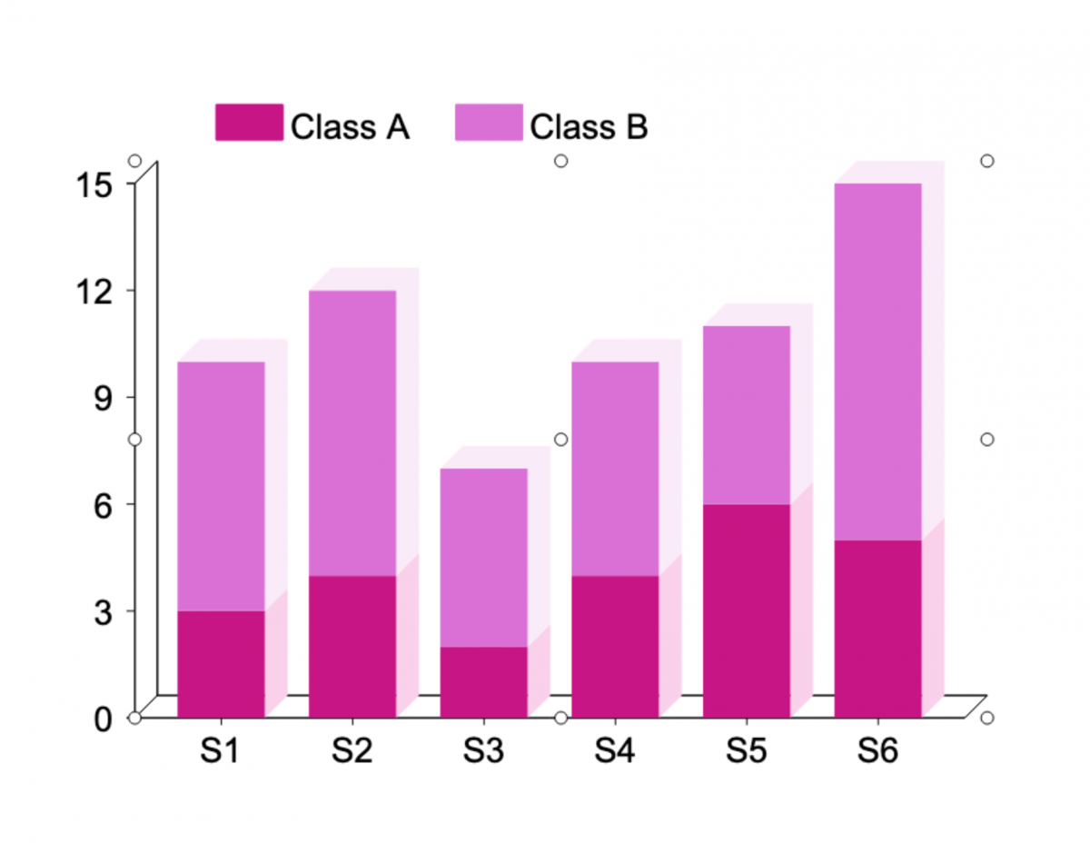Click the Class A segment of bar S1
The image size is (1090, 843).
tap(221, 664)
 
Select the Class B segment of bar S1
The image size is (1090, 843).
tap(221, 486)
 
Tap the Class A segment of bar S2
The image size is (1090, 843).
tap(352, 646)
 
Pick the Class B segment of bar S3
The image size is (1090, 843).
tap(484, 557)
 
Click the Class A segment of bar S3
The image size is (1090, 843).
tap(484, 681)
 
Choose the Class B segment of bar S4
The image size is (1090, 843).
tap(616, 468)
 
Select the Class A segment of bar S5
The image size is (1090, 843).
tap(747, 610)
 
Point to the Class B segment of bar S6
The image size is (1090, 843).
tap(878, 362)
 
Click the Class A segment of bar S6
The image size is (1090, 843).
tap(878, 629)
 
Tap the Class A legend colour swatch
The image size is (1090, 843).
tap(249, 123)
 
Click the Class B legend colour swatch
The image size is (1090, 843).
tap(489, 123)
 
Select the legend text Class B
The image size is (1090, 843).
tap(589, 127)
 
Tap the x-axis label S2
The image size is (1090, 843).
tap(352, 752)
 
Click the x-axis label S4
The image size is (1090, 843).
tap(616, 752)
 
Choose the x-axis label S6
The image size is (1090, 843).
tap(878, 752)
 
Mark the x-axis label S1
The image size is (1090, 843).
tap(221, 752)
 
